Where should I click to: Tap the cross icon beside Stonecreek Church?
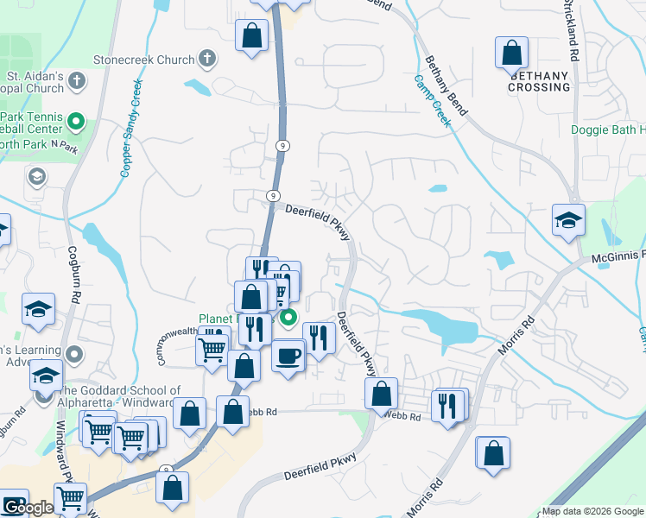tap(206, 60)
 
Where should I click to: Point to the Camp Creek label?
tap(432, 100)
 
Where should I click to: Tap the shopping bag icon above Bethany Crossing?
tap(511, 52)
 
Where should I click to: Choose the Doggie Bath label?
tap(608, 130)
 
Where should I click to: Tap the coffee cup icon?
tap(288, 354)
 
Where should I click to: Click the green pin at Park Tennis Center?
tap(75, 121)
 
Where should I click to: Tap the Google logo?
tap(26, 508)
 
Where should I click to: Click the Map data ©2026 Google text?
tap(591, 511)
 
